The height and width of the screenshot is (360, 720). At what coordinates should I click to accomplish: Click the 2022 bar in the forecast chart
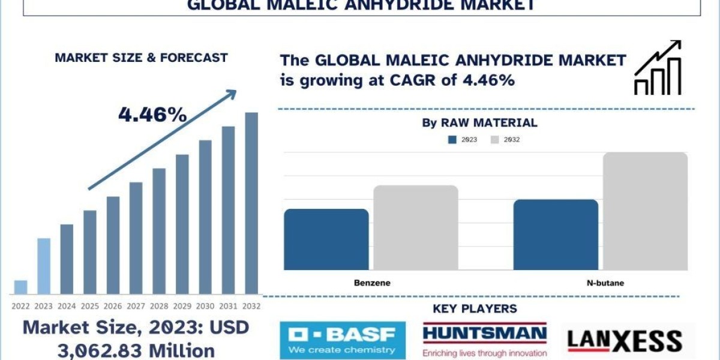click(20, 287)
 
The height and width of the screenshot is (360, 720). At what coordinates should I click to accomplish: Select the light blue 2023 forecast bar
click(43, 266)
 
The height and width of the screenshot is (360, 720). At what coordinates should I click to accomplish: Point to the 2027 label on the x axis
click(136, 305)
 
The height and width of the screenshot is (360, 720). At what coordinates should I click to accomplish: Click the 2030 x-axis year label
click(205, 305)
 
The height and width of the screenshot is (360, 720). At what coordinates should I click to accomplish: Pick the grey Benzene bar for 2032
click(416, 227)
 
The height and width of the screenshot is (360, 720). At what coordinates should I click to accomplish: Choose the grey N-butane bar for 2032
click(645, 211)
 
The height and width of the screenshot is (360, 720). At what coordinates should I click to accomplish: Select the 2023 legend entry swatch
click(453, 140)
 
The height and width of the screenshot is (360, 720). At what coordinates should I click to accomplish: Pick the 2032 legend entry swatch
click(496, 140)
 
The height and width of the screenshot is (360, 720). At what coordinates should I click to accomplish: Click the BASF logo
click(342, 340)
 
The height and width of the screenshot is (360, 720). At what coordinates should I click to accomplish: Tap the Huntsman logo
click(484, 340)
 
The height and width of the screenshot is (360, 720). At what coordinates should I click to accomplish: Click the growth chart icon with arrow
click(658, 67)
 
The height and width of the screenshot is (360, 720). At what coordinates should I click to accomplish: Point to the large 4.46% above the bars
click(152, 114)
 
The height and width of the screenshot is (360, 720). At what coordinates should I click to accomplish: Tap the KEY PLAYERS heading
click(475, 309)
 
